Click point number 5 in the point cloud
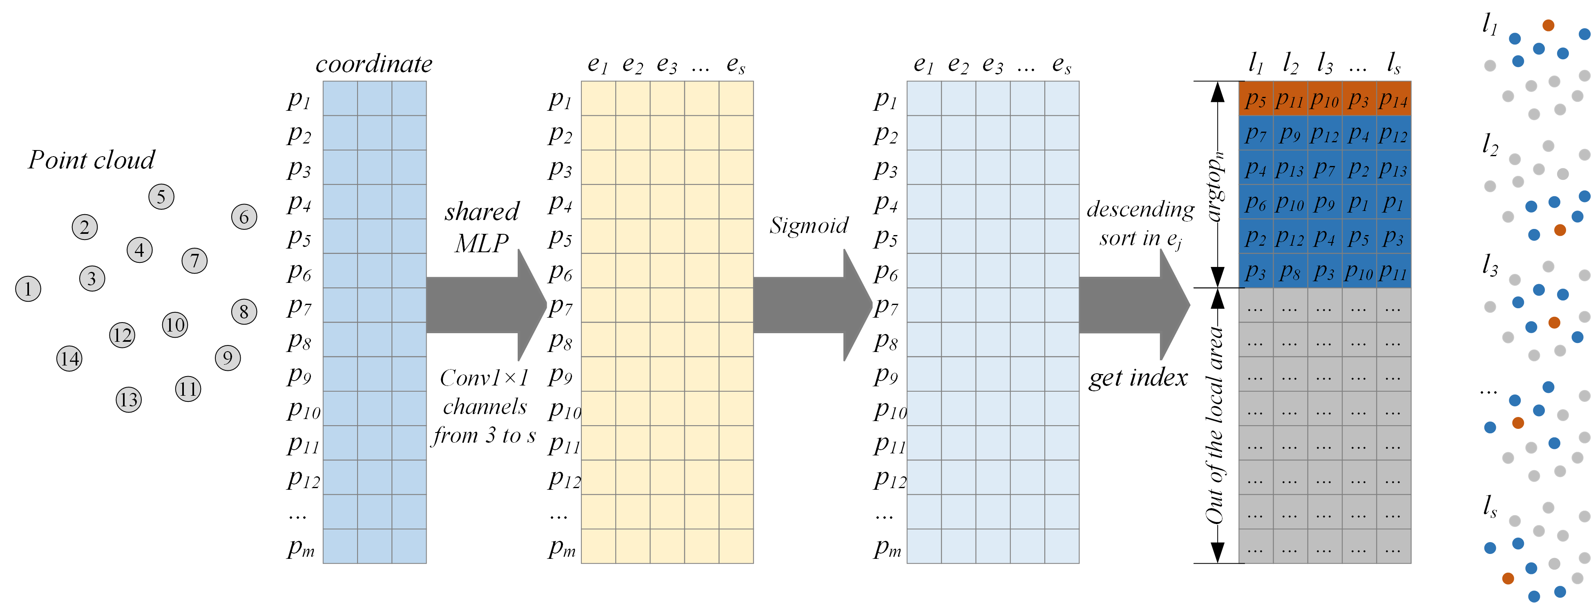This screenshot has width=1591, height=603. pyautogui.click(x=161, y=197)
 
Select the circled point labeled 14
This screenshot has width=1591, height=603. pyautogui.click(x=69, y=359)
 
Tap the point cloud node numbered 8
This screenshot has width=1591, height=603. pyautogui.click(x=244, y=312)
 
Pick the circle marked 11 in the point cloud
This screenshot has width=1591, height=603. pyautogui.click(x=188, y=389)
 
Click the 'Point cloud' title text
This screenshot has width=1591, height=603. pyautogui.click(x=92, y=160)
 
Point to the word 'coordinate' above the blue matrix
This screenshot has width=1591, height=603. pyautogui.click(x=374, y=64)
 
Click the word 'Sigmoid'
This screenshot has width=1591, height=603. pyautogui.click(x=809, y=226)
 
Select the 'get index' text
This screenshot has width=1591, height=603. pyautogui.click(x=1137, y=377)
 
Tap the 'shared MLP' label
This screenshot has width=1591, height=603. pyautogui.click(x=482, y=227)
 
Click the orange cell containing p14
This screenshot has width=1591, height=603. pyautogui.click(x=1393, y=99)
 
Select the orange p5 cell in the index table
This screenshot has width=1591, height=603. pyautogui.click(x=1256, y=99)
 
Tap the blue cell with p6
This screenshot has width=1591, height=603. pyautogui.click(x=1256, y=203)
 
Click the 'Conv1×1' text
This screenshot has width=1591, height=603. pyautogui.click(x=484, y=377)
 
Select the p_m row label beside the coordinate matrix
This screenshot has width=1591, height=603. pyautogui.click(x=301, y=547)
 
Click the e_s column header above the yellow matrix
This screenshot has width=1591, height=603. pyautogui.click(x=735, y=64)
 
